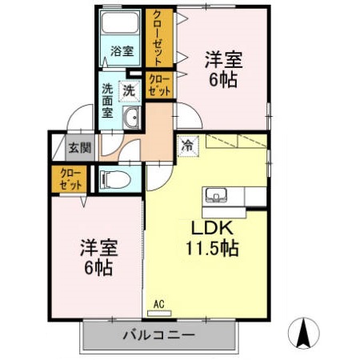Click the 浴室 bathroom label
coord(122,51)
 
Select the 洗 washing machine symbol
coord(129,90)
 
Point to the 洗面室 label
coord(107,100)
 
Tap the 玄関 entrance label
coord(79,148)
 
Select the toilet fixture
coord(114,179)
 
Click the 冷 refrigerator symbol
coord(187,146)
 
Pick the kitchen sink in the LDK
coord(217,195)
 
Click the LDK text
coord(211,226)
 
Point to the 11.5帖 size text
coord(211,247)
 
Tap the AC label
coord(158,303)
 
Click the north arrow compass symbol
coord(306,332)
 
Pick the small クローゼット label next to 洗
coord(159,86)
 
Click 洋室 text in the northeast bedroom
coord(223,59)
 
